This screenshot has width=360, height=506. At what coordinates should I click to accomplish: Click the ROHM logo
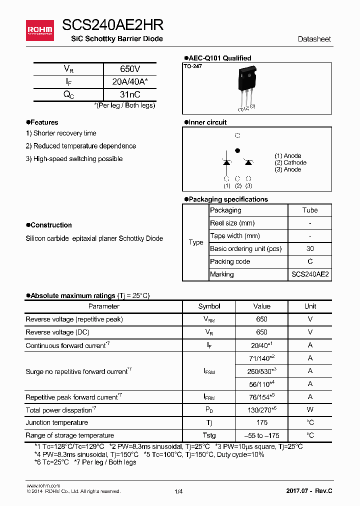point(40,30)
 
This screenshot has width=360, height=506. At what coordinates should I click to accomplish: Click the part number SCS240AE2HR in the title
point(113,25)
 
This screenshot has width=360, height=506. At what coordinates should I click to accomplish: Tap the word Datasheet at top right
point(314,39)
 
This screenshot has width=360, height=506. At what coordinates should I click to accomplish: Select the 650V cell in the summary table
point(130,69)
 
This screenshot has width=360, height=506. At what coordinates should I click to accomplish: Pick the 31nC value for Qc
point(130,94)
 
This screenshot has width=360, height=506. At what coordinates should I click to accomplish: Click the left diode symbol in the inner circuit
point(226,162)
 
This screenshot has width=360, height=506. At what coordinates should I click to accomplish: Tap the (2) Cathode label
point(290,162)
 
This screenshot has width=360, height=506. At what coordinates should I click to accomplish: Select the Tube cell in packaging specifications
point(310,210)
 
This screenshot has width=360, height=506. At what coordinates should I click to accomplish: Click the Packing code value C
point(310,261)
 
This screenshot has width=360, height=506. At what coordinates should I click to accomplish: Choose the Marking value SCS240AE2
point(310,274)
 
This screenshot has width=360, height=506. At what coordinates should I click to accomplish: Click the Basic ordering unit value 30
point(310,248)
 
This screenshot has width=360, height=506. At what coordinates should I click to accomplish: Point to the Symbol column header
point(209,306)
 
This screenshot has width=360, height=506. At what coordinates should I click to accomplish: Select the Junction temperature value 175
point(261,422)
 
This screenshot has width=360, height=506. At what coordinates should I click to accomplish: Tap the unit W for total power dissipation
point(310,410)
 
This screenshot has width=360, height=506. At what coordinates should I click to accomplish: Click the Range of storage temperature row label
point(69,435)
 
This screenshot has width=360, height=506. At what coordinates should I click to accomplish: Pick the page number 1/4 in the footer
point(179,491)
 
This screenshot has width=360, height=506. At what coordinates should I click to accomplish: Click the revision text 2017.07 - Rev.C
point(308,491)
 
